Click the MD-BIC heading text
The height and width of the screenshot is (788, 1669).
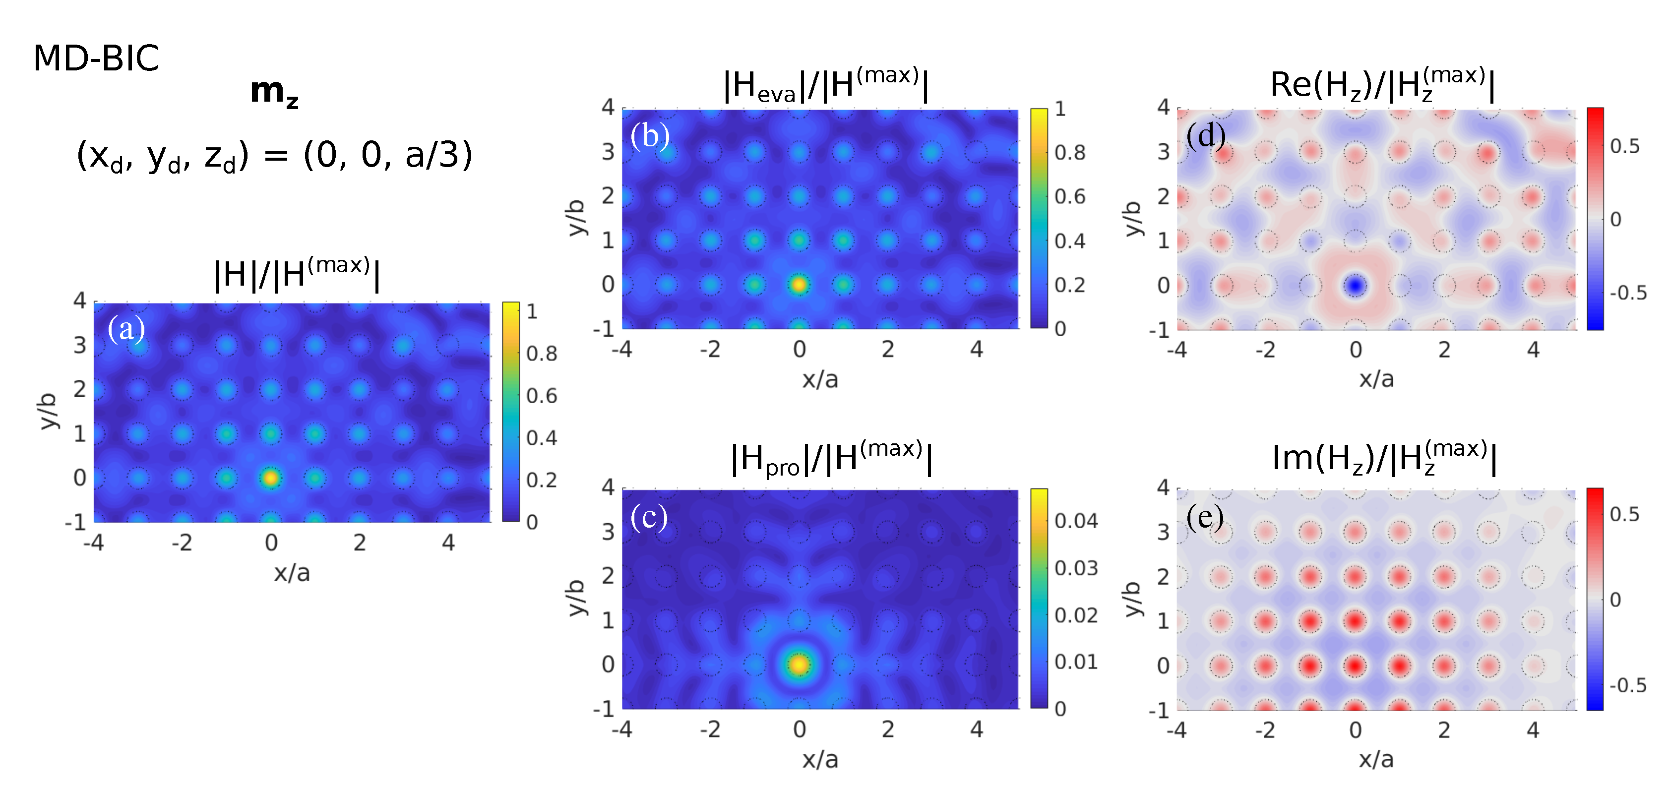[x=96, y=59]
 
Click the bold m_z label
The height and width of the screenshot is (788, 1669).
[x=274, y=92]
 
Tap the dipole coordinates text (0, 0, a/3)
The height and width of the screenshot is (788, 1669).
[x=274, y=156]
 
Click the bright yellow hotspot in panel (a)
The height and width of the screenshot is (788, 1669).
[x=270, y=478]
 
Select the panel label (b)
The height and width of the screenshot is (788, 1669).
[x=650, y=136]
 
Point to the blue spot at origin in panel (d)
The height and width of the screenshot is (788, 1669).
[x=1355, y=285]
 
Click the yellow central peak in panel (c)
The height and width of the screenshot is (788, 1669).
[x=799, y=664]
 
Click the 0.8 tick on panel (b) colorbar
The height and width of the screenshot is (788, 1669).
[x=1070, y=152]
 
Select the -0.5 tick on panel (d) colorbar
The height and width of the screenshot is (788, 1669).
[x=1627, y=293]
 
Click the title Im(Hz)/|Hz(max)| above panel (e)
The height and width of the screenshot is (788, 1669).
[x=1383, y=459]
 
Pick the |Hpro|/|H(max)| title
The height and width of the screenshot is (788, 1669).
[x=831, y=459]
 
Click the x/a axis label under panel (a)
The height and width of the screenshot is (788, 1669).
[x=292, y=573]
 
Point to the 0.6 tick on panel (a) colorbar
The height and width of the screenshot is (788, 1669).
[x=542, y=395]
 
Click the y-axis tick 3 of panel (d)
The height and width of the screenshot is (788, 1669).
[x=1164, y=152]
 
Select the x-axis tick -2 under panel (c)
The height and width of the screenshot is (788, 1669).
[x=710, y=729]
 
